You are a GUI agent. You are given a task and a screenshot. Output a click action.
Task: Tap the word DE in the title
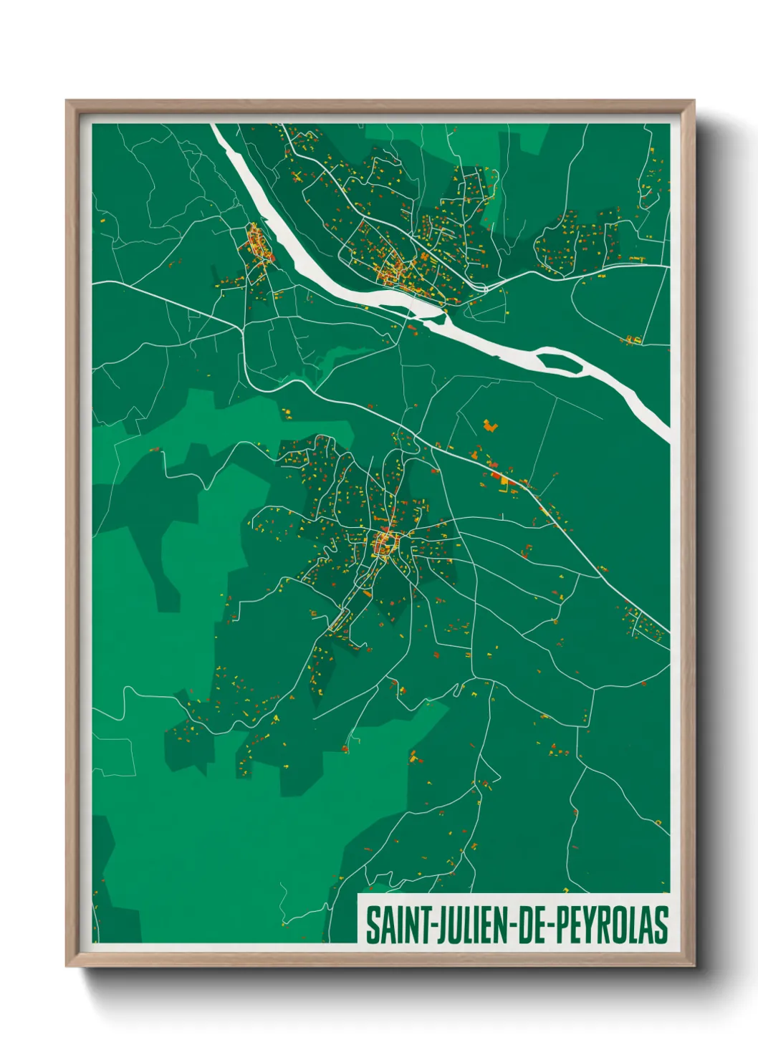(x=529, y=925)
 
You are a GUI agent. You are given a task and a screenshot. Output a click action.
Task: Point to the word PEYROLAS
(x=611, y=925)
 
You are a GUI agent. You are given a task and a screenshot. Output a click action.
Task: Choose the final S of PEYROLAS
(x=661, y=925)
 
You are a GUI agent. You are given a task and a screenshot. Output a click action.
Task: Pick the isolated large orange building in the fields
(x=490, y=425)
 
